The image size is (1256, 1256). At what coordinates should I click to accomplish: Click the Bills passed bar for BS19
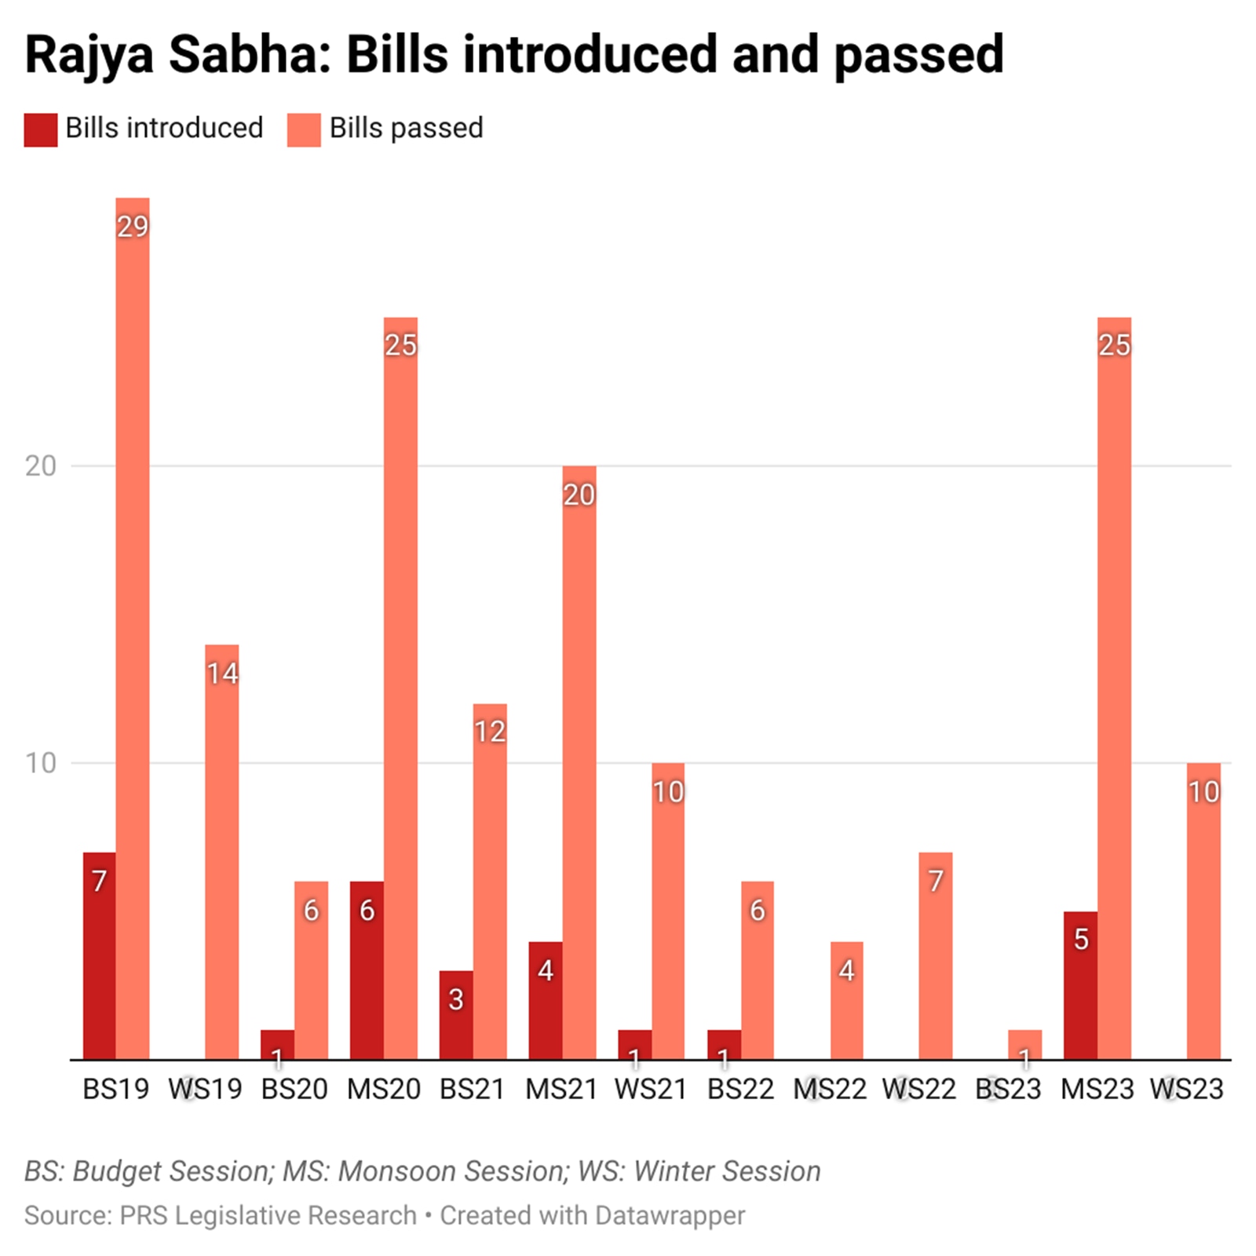(x=133, y=628)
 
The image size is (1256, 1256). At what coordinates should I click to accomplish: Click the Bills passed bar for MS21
(x=579, y=762)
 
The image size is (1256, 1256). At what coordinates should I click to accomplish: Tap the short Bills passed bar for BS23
(x=1024, y=1045)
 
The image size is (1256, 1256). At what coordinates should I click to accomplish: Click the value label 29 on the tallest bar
(x=133, y=227)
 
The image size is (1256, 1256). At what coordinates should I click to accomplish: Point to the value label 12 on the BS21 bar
(x=490, y=732)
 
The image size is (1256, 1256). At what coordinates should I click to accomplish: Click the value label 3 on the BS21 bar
(x=456, y=999)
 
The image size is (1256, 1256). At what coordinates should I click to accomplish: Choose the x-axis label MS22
(x=830, y=1090)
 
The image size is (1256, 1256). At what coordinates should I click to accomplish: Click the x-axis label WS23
(x=1186, y=1090)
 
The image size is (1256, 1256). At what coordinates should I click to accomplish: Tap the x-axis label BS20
(x=294, y=1090)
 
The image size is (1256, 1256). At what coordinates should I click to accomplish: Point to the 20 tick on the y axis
(x=41, y=466)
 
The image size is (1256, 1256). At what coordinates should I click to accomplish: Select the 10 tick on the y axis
(x=41, y=763)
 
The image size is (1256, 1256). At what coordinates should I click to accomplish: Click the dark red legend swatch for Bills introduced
(x=41, y=130)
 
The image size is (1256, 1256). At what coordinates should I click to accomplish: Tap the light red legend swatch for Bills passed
(x=304, y=130)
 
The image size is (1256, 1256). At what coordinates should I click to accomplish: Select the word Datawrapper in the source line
(x=670, y=1215)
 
